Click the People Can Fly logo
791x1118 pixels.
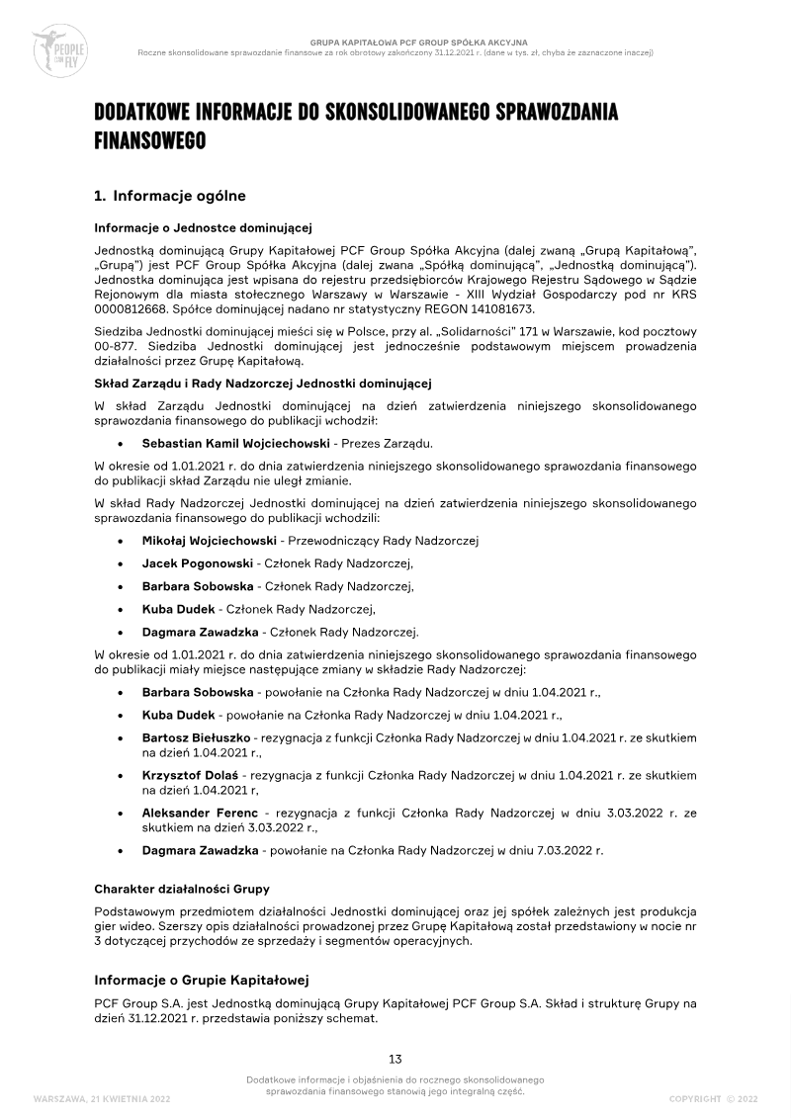coord(61,44)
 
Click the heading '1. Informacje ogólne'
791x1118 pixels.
coord(170,196)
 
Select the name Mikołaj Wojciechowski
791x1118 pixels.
coord(209,541)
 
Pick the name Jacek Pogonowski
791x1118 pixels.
coord(197,563)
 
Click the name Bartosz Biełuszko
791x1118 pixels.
coord(197,737)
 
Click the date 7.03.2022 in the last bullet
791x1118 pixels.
coord(562,849)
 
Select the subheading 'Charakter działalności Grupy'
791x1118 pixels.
coord(182,889)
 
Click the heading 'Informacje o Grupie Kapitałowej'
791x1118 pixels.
coord(202,980)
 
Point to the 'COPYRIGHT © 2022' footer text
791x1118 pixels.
coord(713,1098)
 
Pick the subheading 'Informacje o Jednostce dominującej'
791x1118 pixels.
coord(203,227)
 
